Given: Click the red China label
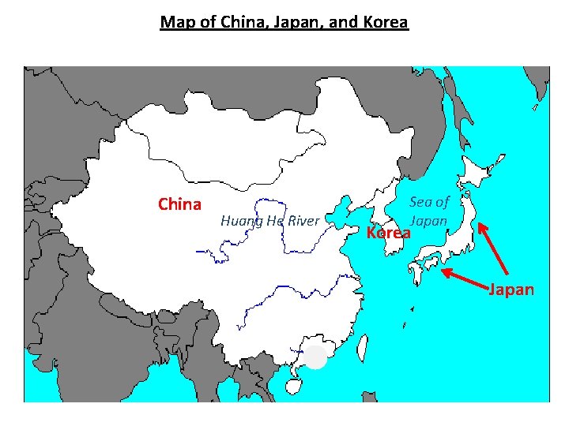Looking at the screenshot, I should tap(179, 205).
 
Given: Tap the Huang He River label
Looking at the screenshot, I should tap(269, 221).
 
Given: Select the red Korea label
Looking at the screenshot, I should tap(389, 234).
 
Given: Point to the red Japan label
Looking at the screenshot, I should tap(511, 290).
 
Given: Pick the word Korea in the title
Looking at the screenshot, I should tap(385, 22).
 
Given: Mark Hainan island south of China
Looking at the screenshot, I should tap(292, 386).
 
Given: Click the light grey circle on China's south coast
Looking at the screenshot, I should tap(315, 357).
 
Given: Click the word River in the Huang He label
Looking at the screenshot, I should tap(303, 221).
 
